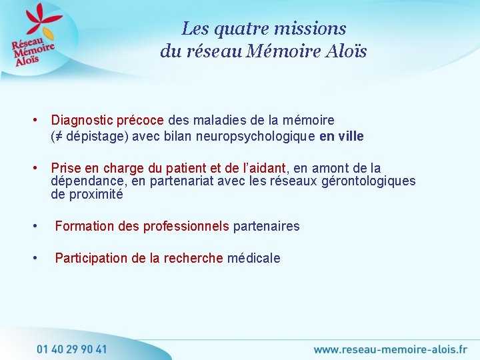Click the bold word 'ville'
[351, 137]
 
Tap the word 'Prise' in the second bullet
[65, 168]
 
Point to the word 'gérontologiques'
[369, 181]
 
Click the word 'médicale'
[254, 259]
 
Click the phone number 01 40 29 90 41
[71, 348]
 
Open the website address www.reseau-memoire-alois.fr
[391, 349]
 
